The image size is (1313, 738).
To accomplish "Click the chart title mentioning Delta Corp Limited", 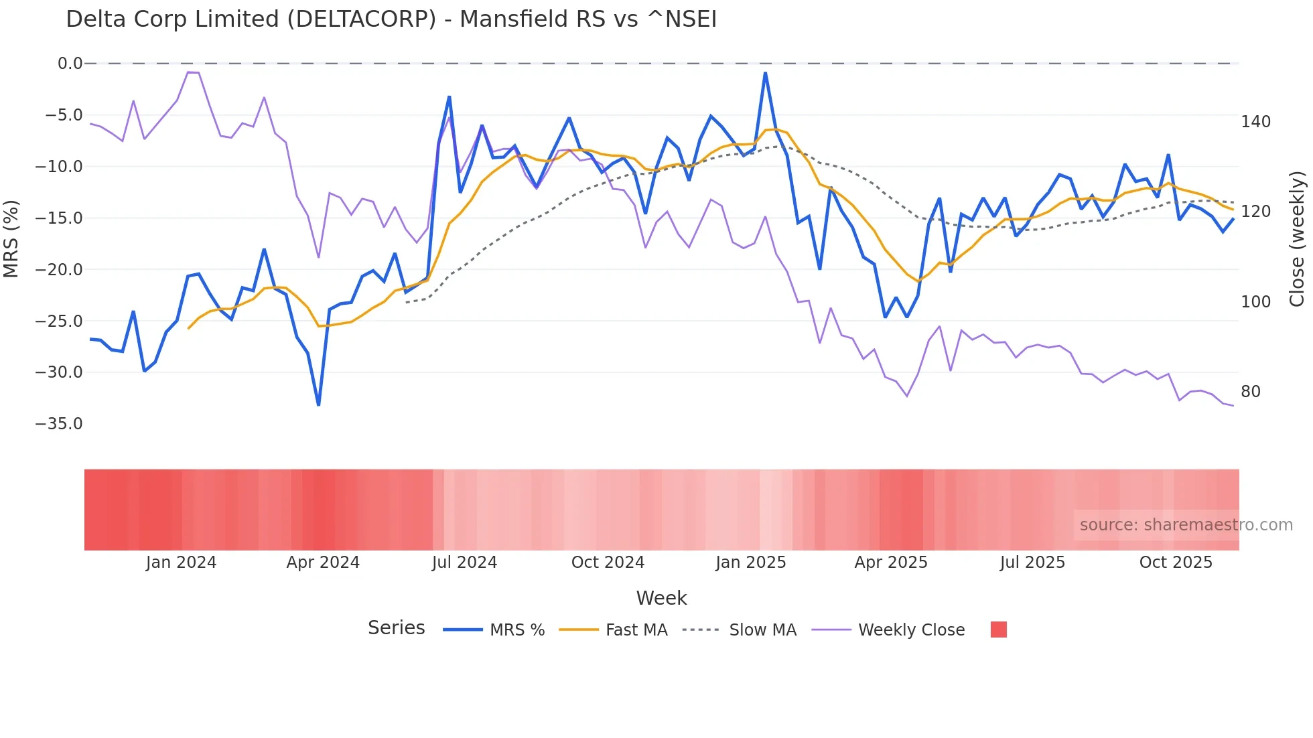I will click(x=391, y=19).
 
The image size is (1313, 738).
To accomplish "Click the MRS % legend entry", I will click(x=516, y=630).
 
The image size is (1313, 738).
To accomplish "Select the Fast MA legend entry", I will click(x=636, y=630).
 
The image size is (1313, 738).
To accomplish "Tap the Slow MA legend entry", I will click(x=762, y=630).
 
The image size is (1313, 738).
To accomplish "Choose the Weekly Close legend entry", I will click(x=911, y=630).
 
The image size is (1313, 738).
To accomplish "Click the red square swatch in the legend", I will click(x=998, y=630).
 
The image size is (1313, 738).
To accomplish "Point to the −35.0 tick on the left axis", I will click(x=59, y=424).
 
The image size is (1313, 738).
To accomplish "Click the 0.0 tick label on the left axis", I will click(x=70, y=64).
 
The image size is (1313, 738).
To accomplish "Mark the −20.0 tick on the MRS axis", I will click(x=59, y=270).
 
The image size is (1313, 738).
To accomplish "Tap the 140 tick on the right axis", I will click(x=1255, y=122).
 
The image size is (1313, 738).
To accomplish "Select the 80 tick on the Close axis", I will click(x=1251, y=392).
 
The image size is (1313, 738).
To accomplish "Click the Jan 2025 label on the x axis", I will click(x=750, y=563).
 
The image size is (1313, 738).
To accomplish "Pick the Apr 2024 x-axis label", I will click(x=323, y=563).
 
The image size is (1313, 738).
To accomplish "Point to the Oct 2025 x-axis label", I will click(x=1176, y=563).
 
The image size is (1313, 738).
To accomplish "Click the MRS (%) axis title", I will click(x=11, y=239).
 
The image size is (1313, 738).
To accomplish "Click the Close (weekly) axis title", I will click(x=1298, y=239).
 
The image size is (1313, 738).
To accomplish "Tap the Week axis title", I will click(x=661, y=598).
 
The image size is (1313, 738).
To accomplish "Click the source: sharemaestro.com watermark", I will click(x=1186, y=525).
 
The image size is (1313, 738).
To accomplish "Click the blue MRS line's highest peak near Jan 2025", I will click(x=765, y=73).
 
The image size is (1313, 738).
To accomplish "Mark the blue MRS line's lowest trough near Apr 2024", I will click(x=319, y=404).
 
